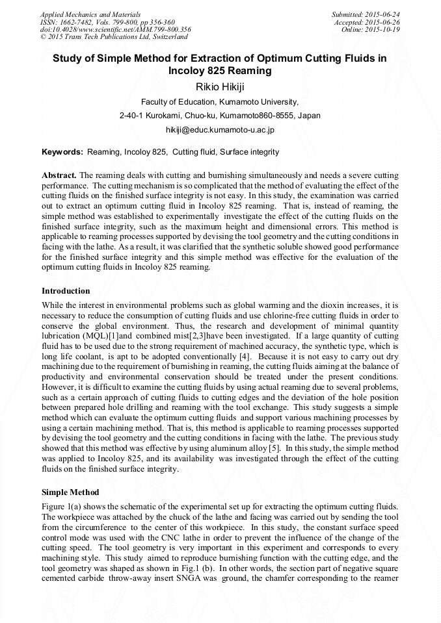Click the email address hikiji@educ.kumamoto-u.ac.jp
(x=220, y=130)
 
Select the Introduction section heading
(x=66, y=290)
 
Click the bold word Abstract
(x=59, y=175)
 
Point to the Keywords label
(x=62, y=152)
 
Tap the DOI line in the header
(x=115, y=29)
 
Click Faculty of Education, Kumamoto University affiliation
(x=220, y=101)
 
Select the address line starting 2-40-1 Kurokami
(x=220, y=116)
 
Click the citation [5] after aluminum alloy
(x=274, y=448)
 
